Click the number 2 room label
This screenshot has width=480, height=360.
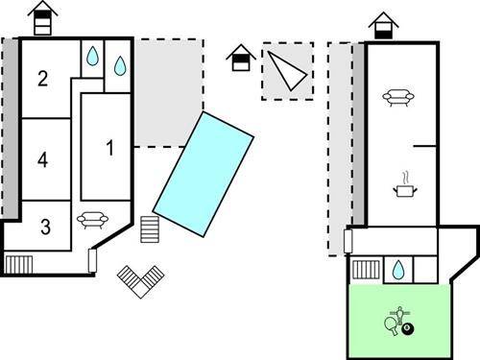click(x=42, y=79)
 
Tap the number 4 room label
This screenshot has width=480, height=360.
click(x=42, y=159)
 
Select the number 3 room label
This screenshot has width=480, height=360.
click(x=44, y=227)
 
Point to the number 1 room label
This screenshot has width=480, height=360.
click(x=109, y=148)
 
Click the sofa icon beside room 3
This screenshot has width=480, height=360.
click(x=90, y=219)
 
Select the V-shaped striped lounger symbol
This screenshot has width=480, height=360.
click(x=141, y=280)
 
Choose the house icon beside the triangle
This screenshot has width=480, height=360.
click(x=240, y=60)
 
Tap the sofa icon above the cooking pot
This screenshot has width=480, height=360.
click(x=397, y=96)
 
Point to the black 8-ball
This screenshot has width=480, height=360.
click(x=409, y=330)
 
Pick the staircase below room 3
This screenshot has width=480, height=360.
click(x=18, y=263)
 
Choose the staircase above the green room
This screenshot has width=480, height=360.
click(x=365, y=270)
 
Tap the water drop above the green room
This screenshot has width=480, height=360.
click(x=396, y=271)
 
